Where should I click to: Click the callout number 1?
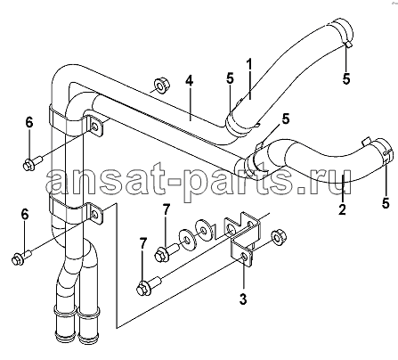tap(249, 66)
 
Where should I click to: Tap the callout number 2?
tap(342, 209)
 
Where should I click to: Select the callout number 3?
tap(243, 299)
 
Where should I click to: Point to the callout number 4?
tap(189, 80)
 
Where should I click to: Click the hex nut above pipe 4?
tap(161, 86)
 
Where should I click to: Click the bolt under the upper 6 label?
tap(33, 163)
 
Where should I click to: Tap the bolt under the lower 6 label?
tap(21, 257)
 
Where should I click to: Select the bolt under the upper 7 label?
tap(166, 251)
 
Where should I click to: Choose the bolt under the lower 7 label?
tap(149, 284)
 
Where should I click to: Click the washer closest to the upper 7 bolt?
tap(187, 238)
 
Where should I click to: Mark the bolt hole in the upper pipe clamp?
tap(95, 127)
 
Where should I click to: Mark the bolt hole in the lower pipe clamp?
tap(95, 214)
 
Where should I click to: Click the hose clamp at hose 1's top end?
tap(343, 32)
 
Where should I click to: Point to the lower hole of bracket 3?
tap(243, 257)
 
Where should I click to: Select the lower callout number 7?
tap(143, 244)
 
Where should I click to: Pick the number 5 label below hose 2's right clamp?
tap(386, 202)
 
